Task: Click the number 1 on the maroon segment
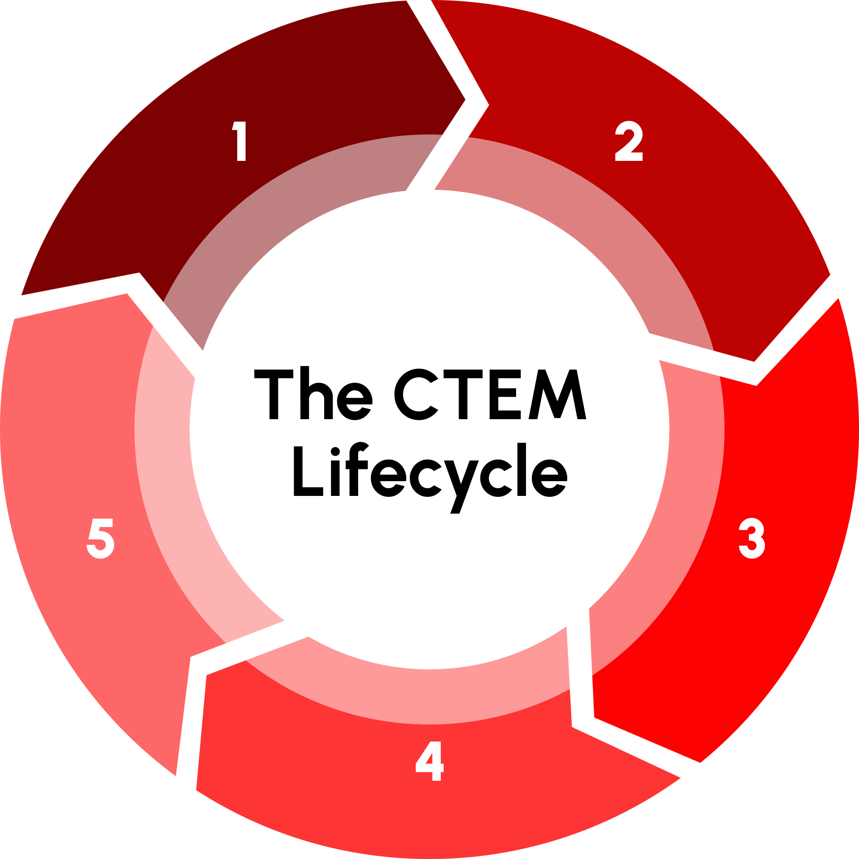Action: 240,141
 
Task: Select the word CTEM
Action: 490,395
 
